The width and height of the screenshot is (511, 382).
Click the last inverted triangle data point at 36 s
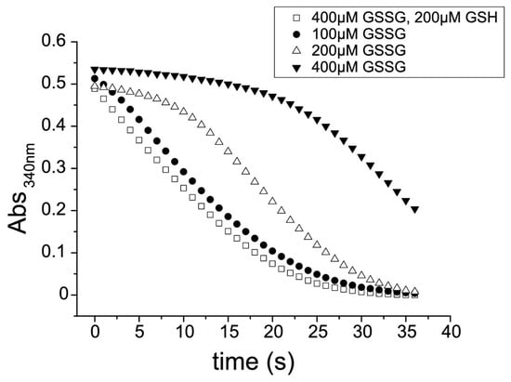pyautogui.click(x=415, y=209)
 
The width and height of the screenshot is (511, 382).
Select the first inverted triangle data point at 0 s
pyautogui.click(x=95, y=70)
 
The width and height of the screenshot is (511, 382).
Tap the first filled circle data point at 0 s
pyautogui.click(x=95, y=79)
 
